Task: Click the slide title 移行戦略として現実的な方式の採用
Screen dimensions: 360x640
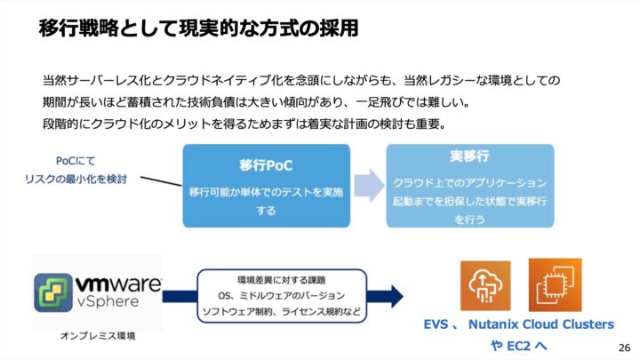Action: (x=198, y=28)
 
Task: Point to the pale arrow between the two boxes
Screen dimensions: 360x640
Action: (x=367, y=183)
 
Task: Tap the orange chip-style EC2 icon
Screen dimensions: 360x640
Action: (x=555, y=284)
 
